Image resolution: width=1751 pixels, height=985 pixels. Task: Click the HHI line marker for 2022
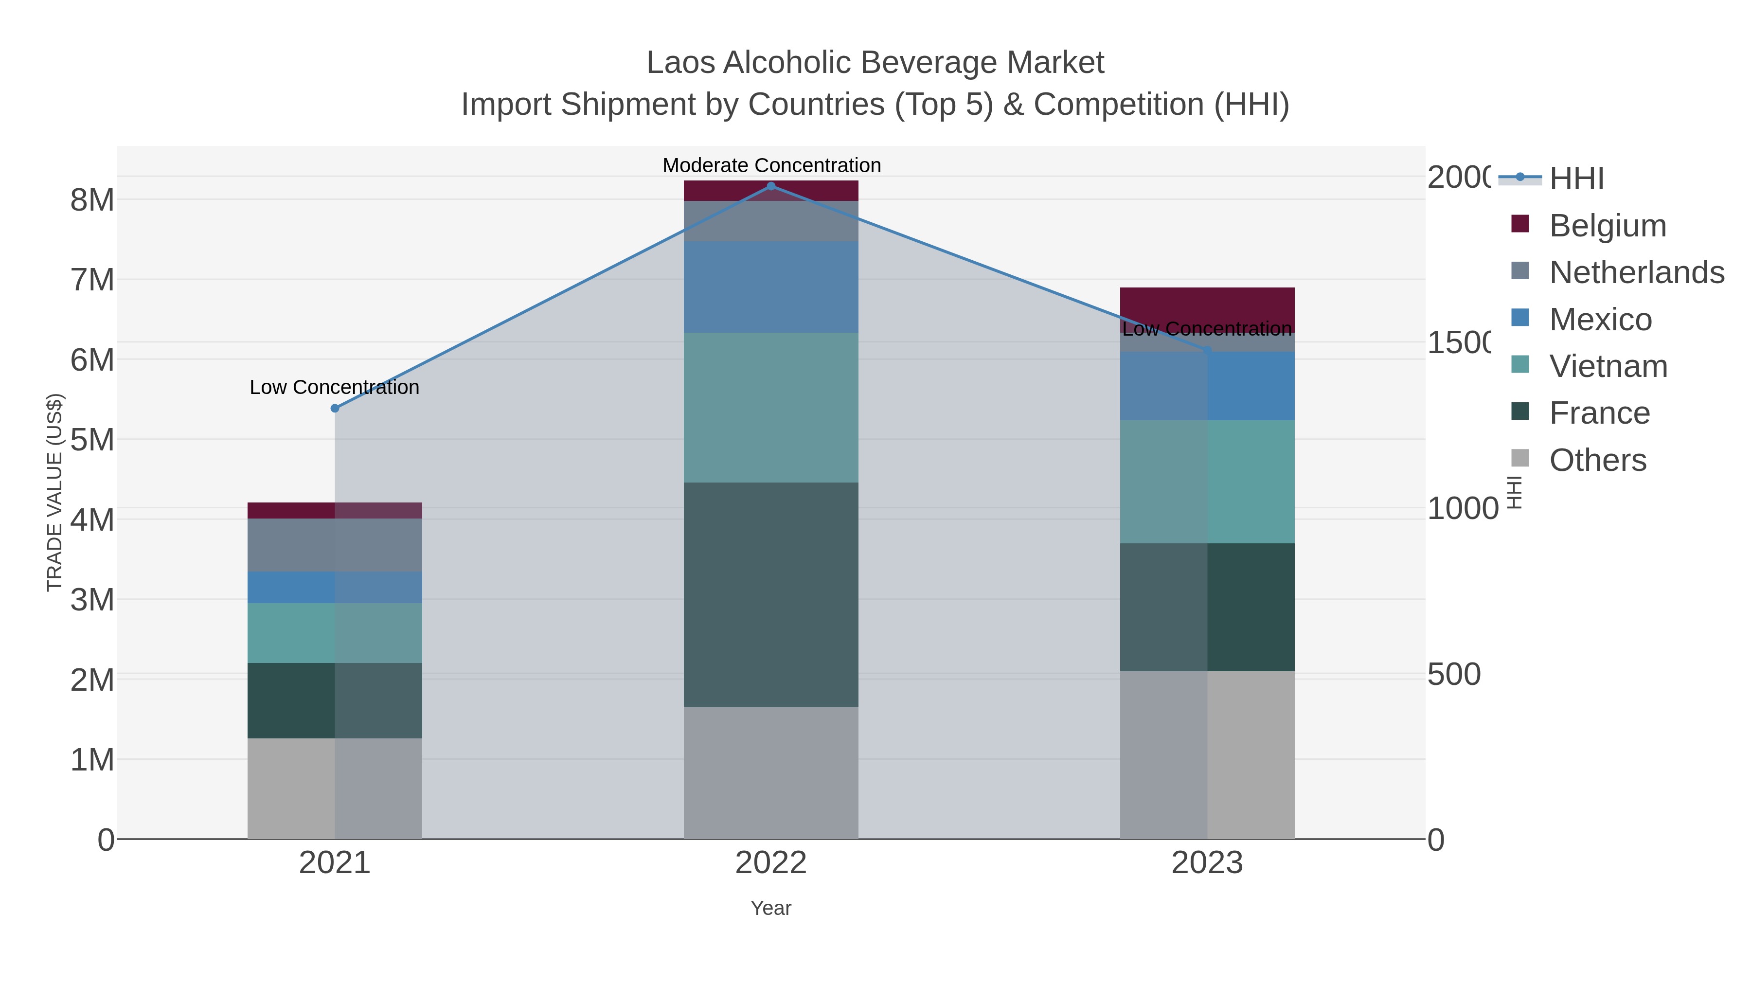[771, 186]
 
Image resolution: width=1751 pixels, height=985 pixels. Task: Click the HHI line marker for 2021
[335, 408]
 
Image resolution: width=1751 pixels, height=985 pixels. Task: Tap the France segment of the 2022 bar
[771, 595]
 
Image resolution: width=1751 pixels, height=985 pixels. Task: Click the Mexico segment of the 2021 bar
[335, 587]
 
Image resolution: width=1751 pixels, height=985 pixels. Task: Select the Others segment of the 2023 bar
[1207, 754]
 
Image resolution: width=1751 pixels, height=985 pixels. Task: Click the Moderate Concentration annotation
[771, 165]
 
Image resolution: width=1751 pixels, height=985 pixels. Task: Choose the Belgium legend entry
[1607, 225]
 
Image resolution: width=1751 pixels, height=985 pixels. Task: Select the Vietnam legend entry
[1608, 366]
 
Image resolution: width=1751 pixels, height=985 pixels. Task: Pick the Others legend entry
[1597, 460]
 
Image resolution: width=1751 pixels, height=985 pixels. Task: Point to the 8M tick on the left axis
[92, 200]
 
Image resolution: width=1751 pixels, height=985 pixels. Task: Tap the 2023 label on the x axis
[1207, 862]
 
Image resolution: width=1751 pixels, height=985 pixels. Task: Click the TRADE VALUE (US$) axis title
[54, 492]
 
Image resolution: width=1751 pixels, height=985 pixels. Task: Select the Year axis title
[771, 908]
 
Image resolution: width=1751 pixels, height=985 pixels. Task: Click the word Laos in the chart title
[680, 63]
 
